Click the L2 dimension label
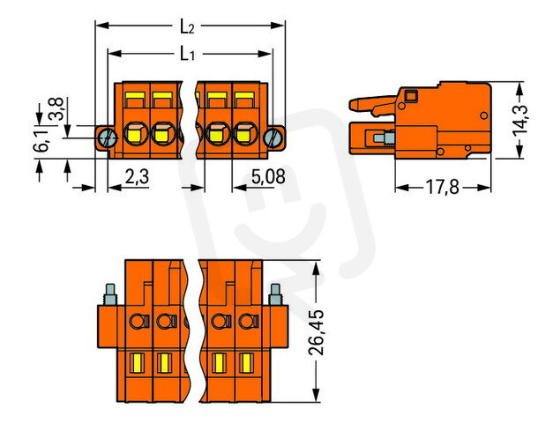coord(187,26)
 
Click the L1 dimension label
coord(187,54)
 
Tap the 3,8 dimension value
coord(56,109)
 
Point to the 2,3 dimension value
coord(138,176)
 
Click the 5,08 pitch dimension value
coord(268,176)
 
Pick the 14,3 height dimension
coord(519,120)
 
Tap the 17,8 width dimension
coord(443,187)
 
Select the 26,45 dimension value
coord(316,332)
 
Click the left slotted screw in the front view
coord(108,137)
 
